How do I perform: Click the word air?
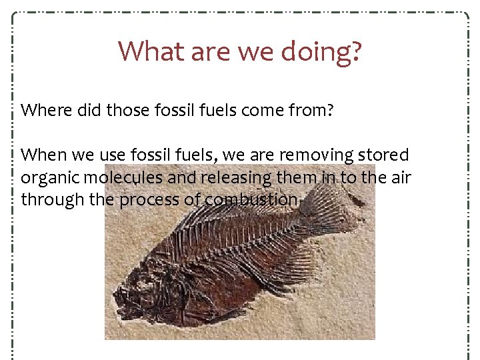401,178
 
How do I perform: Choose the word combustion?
251,200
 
